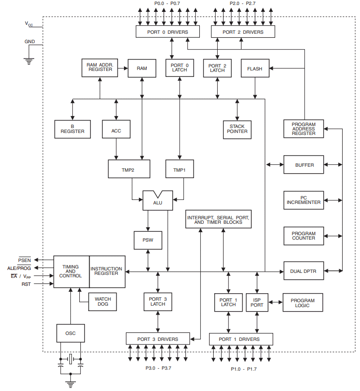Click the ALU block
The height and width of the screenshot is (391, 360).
[158, 201]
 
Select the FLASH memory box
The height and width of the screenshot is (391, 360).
[255, 68]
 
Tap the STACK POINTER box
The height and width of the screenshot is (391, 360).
[237, 130]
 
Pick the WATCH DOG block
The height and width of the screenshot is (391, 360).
[102, 302]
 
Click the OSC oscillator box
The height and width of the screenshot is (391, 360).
[70, 333]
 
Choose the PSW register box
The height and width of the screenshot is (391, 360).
[148, 240]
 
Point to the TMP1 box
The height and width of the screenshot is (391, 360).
[180, 169]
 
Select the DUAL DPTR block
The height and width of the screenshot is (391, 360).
[303, 270]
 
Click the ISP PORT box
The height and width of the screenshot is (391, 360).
[257, 303]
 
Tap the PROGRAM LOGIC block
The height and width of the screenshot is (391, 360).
[302, 303]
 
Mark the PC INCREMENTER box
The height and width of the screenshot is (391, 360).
[303, 200]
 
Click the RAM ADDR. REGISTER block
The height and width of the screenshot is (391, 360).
[100, 68]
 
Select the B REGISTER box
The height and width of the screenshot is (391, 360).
[72, 129]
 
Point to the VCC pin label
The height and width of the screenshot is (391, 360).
[29, 24]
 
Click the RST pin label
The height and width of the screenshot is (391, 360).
[26, 284]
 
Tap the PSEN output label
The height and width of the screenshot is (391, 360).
[24, 260]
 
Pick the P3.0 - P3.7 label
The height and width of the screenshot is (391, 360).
[159, 368]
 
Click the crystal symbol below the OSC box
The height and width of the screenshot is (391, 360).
[70, 359]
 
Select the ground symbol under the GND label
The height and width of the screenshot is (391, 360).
[29, 62]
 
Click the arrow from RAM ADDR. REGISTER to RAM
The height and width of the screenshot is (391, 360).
[123, 68]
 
